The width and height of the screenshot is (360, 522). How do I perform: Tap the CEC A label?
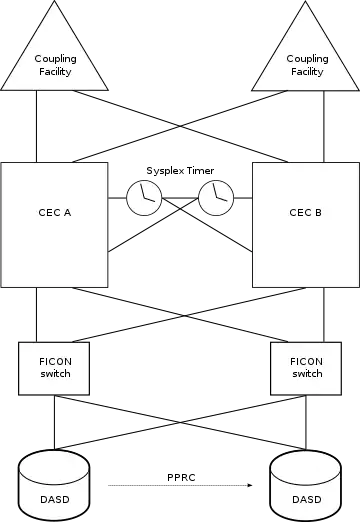(x=55, y=213)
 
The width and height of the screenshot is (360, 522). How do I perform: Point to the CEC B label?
(x=305, y=213)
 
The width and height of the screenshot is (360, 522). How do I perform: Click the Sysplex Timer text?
(x=180, y=171)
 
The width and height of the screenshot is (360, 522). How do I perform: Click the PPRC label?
(x=181, y=477)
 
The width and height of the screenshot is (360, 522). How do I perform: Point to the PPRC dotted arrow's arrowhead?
(x=250, y=485)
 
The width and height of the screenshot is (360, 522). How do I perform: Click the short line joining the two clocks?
(x=180, y=198)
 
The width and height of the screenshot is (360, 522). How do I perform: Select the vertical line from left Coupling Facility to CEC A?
(x=36, y=126)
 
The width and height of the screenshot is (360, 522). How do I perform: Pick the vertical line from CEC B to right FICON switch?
(x=324, y=315)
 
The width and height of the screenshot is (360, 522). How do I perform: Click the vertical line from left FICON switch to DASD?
(x=54, y=422)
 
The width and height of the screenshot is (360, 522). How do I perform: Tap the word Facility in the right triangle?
(x=307, y=72)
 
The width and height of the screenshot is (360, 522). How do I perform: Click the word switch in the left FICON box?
(x=55, y=374)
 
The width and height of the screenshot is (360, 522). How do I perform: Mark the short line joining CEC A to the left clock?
(x=117, y=198)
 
